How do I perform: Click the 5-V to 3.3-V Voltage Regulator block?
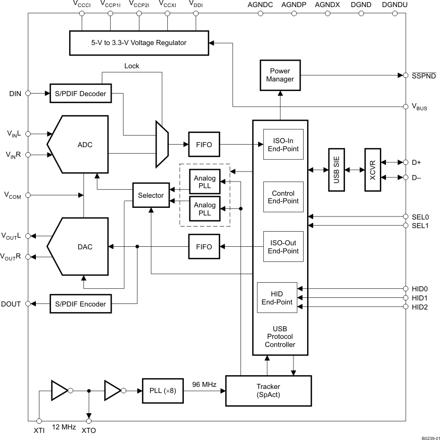pyautogui.click(x=143, y=42)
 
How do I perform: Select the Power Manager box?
pyautogui.click(x=280, y=75)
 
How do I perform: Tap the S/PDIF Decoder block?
pyautogui.click(x=80, y=93)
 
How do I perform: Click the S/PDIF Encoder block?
pyautogui.click(x=80, y=303)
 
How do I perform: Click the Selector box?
pyautogui.click(x=151, y=195)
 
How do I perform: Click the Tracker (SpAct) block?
pyautogui.click(x=268, y=390)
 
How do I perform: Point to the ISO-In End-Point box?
pyautogui.click(x=283, y=145)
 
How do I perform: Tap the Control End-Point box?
pyautogui.click(x=283, y=197)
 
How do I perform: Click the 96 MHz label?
pyautogui.click(x=204, y=384)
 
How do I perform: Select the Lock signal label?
pyautogui.click(x=131, y=66)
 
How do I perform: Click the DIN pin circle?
pyautogui.click(x=28, y=93)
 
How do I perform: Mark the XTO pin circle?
pyautogui.click(x=89, y=421)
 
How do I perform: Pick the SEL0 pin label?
pyautogui.click(x=420, y=216)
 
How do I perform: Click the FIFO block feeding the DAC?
pyautogui.click(x=204, y=246)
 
